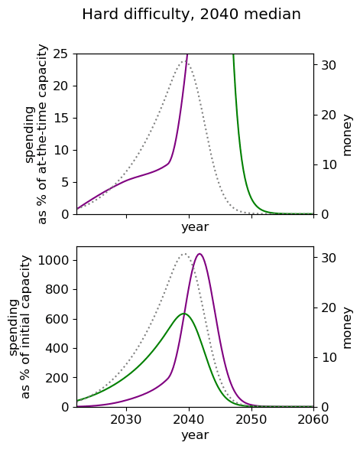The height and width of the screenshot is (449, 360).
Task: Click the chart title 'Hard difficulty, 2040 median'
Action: [x=191, y=15]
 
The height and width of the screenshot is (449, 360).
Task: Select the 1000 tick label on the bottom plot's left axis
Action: [x=54, y=260]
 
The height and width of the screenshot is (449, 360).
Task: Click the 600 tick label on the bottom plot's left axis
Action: [x=57, y=319]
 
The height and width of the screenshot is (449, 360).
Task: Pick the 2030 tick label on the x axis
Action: [x=126, y=419]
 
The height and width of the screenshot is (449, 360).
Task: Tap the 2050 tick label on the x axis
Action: [x=251, y=419]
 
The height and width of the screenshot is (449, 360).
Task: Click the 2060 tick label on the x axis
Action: [x=313, y=419]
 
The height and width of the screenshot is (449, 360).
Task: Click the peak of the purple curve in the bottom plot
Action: [x=199, y=254]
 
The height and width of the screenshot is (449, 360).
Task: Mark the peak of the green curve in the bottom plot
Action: [x=184, y=314]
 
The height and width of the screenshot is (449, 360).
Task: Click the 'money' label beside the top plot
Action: [x=346, y=135]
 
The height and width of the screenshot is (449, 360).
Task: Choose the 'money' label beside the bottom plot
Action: [x=346, y=327]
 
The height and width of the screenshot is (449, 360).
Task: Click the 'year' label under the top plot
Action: [x=195, y=227]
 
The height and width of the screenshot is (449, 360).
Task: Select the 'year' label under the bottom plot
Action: [x=195, y=435]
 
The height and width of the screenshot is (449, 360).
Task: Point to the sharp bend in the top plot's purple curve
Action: [x=169, y=163]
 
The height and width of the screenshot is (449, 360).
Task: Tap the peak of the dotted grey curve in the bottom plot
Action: [x=184, y=254]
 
